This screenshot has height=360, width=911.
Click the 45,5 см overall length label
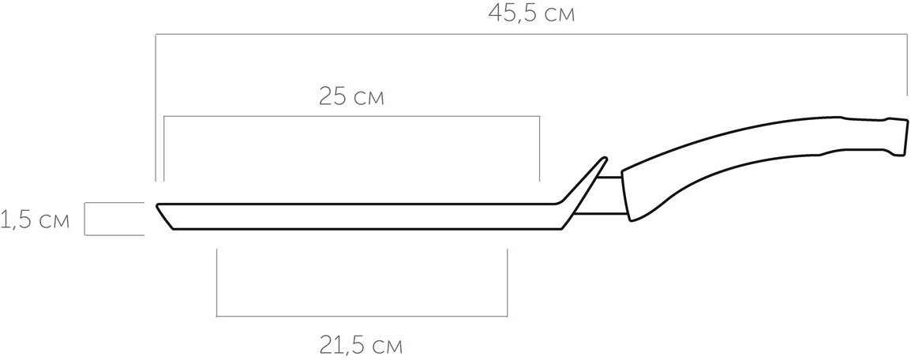pos(531,14)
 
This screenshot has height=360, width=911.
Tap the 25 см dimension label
pos(351,97)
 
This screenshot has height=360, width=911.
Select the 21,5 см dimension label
pos(360,346)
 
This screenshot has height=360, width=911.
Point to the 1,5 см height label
pos(35,220)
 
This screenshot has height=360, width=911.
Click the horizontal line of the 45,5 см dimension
pos(531,34)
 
